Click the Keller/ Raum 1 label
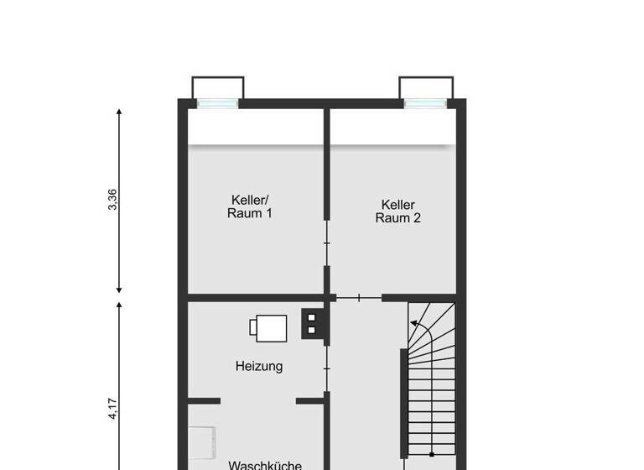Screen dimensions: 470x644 tap(250, 206)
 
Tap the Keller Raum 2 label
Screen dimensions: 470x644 tap(397, 211)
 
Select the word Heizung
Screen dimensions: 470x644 tap(258, 366)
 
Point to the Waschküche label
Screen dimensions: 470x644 tap(265, 464)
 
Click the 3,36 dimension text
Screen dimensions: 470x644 tap(113, 200)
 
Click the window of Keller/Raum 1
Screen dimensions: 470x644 tap(217, 104)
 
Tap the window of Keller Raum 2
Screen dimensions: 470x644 tap(425, 104)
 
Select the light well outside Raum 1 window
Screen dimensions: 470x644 tap(218, 88)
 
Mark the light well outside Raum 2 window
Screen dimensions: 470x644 tap(426, 88)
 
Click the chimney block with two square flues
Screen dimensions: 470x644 tap(312, 323)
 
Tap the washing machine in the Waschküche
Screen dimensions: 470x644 tap(201, 446)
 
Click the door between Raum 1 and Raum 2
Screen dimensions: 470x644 tap(327, 243)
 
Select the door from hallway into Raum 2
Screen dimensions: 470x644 tap(359, 297)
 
